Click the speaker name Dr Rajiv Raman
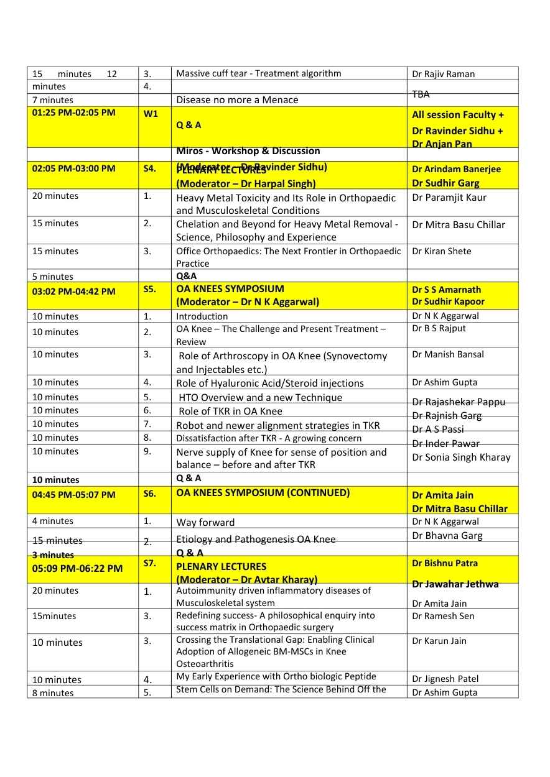pyautogui.click(x=443, y=74)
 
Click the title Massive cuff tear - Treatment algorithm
pyautogui.click(x=259, y=73)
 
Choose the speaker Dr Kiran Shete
pyautogui.click(x=442, y=251)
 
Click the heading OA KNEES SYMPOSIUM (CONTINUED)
pyautogui.click(x=263, y=493)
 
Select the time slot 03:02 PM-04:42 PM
pyautogui.click(x=74, y=291)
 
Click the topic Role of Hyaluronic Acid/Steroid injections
pyautogui.click(x=270, y=383)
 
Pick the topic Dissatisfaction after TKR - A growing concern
pyautogui.click(x=269, y=438)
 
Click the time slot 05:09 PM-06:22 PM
pyautogui.click(x=78, y=568)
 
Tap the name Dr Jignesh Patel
pyautogui.click(x=445, y=679)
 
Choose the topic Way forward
pyautogui.click(x=206, y=522)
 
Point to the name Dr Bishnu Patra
pyautogui.click(x=445, y=563)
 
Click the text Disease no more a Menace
pyautogui.click(x=238, y=100)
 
